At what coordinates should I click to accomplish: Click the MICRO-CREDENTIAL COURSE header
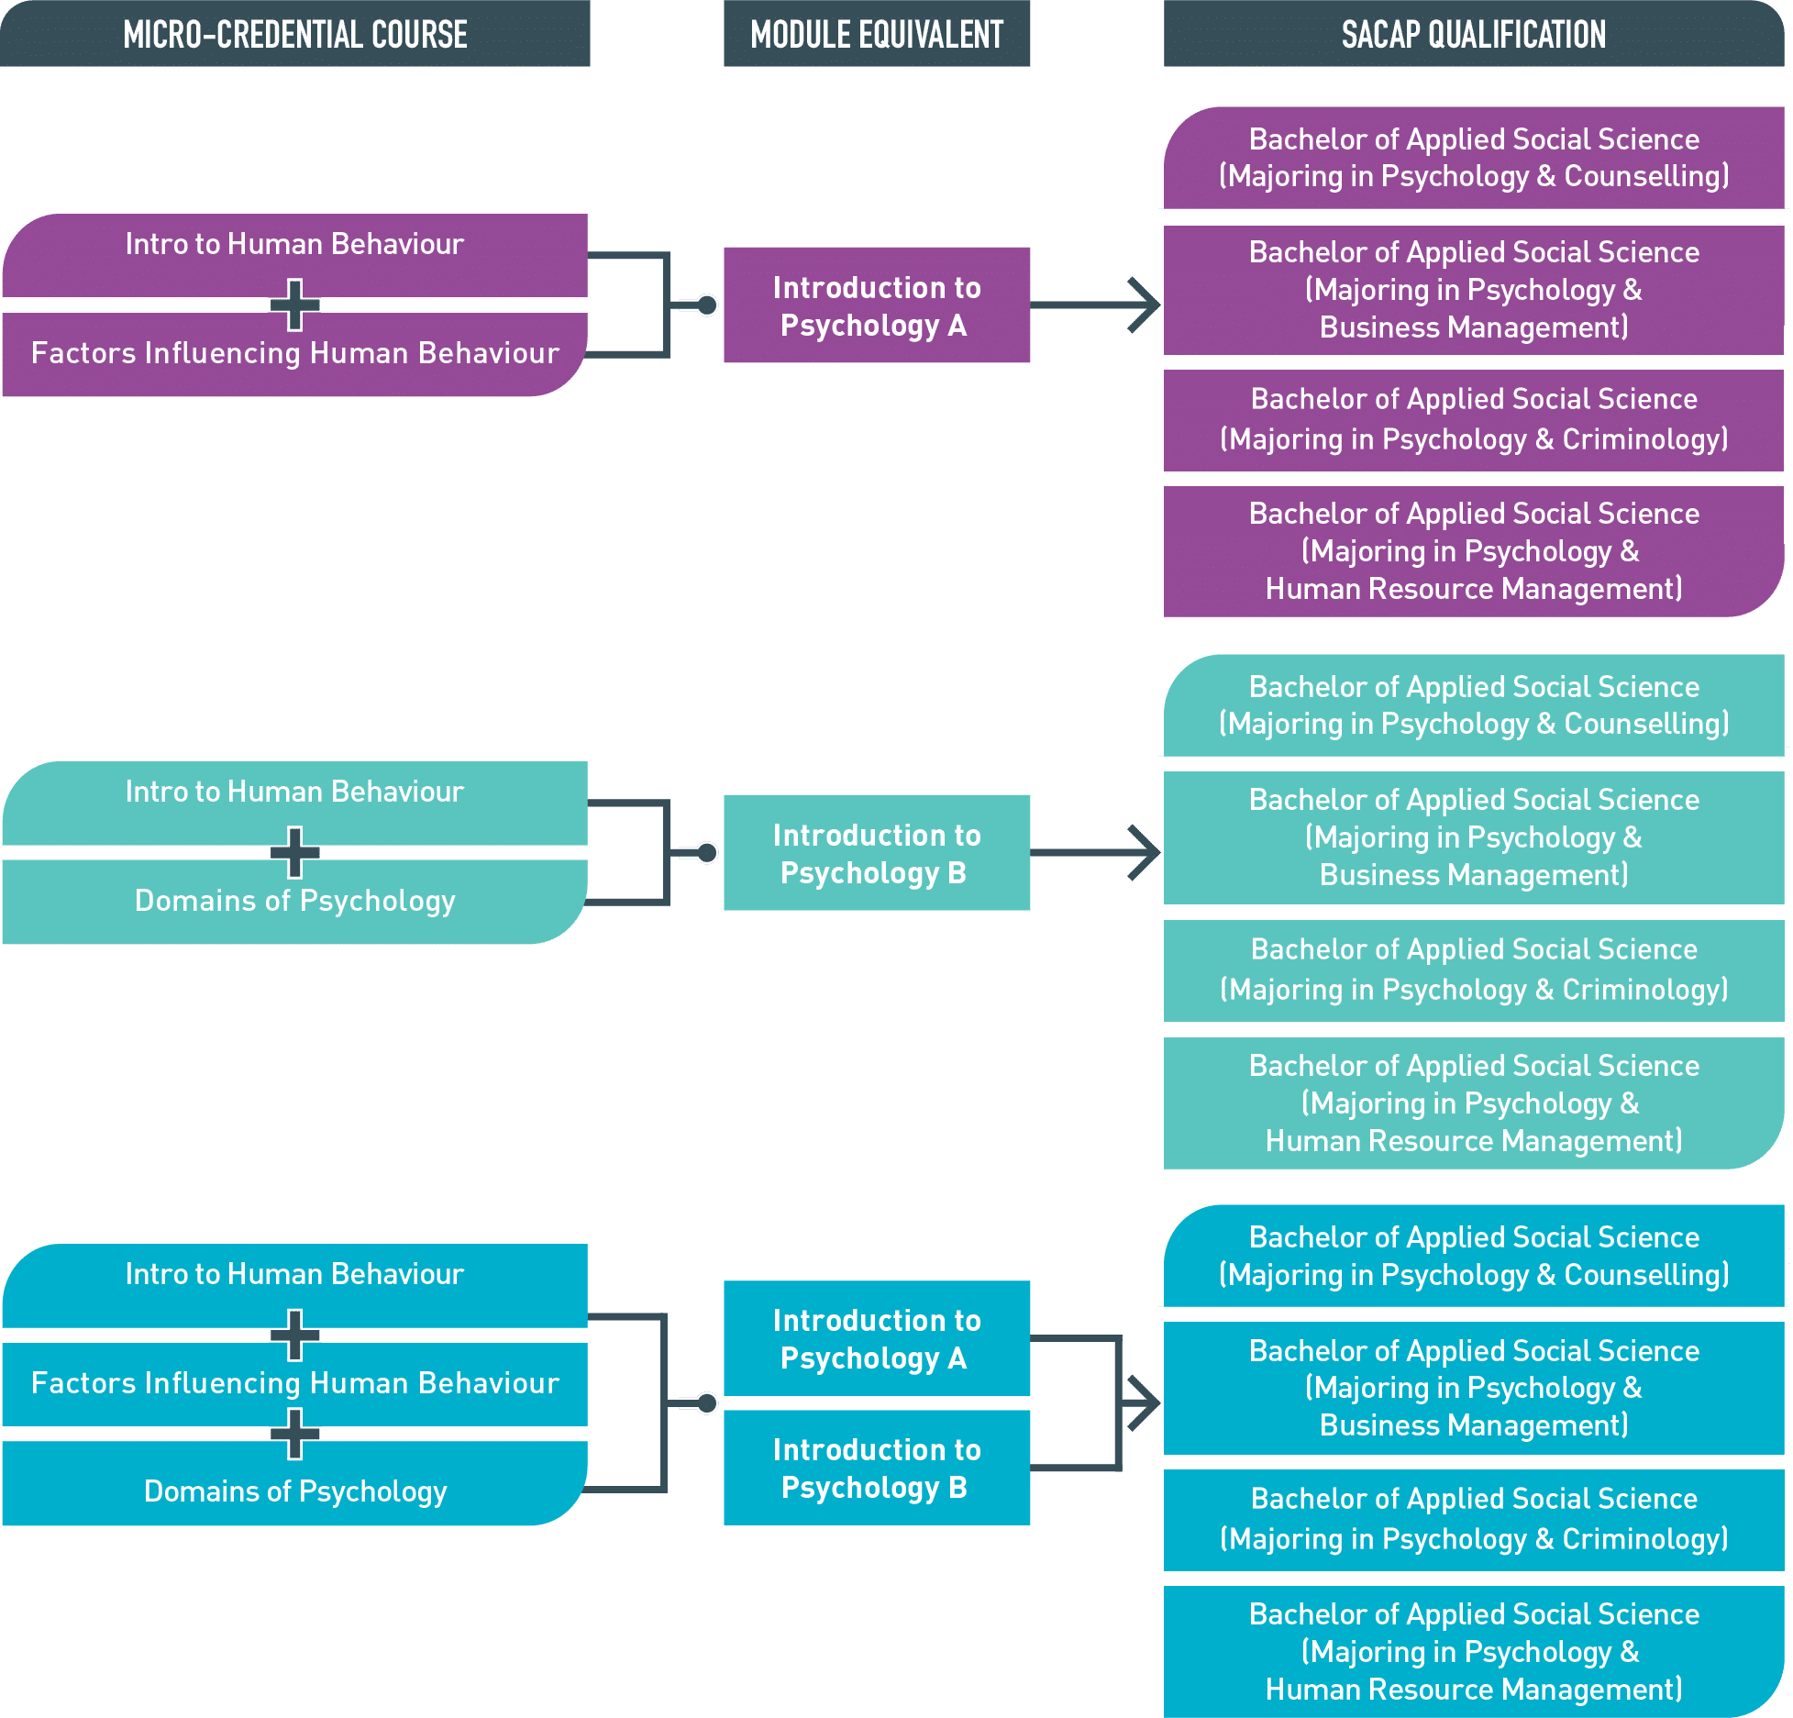point(294,34)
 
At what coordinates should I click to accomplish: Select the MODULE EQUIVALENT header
point(877,34)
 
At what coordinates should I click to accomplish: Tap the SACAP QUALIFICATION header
point(1474,34)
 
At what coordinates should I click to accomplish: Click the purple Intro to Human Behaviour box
point(294,255)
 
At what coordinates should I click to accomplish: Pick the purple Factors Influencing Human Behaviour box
point(294,355)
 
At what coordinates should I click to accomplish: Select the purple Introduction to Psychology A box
point(877,305)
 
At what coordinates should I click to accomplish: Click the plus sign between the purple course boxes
point(294,305)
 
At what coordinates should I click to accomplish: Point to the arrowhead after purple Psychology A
point(1146,305)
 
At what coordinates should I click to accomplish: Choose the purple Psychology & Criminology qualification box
point(1474,420)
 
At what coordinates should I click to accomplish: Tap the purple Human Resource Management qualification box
point(1474,551)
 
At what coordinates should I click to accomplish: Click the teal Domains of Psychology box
point(294,902)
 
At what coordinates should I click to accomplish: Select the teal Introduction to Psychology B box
point(877,853)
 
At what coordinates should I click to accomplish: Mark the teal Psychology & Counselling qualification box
point(1474,705)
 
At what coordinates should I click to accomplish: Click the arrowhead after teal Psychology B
point(1146,853)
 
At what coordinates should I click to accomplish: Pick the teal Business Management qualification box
point(1474,837)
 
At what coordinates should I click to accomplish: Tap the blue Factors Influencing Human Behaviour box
point(294,1384)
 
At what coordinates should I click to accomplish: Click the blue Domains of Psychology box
point(294,1483)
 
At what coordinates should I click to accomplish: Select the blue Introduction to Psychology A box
point(877,1338)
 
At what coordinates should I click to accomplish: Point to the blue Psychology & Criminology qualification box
point(1474,1520)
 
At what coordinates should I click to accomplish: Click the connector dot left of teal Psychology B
point(707,853)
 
